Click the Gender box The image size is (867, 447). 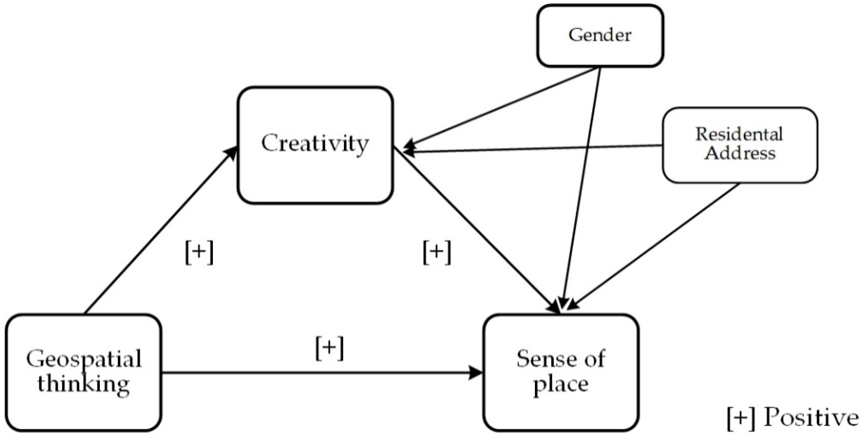600,35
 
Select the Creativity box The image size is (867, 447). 315,145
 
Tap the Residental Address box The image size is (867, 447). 740,145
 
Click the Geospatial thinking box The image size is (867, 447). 83,372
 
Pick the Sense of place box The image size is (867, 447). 561,372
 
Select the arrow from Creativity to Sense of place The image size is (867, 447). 478,232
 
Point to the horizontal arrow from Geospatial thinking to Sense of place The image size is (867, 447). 320,373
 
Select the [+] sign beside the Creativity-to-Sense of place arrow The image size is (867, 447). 436,253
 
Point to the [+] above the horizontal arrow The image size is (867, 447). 330,349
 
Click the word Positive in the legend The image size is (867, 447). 811,418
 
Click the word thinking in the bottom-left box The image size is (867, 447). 83,384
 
